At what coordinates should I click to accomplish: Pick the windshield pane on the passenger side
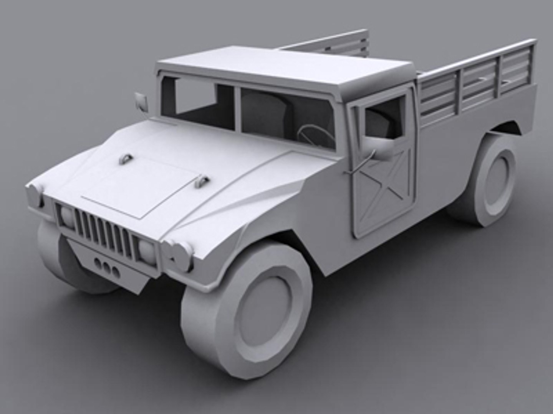[x=198, y=102]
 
